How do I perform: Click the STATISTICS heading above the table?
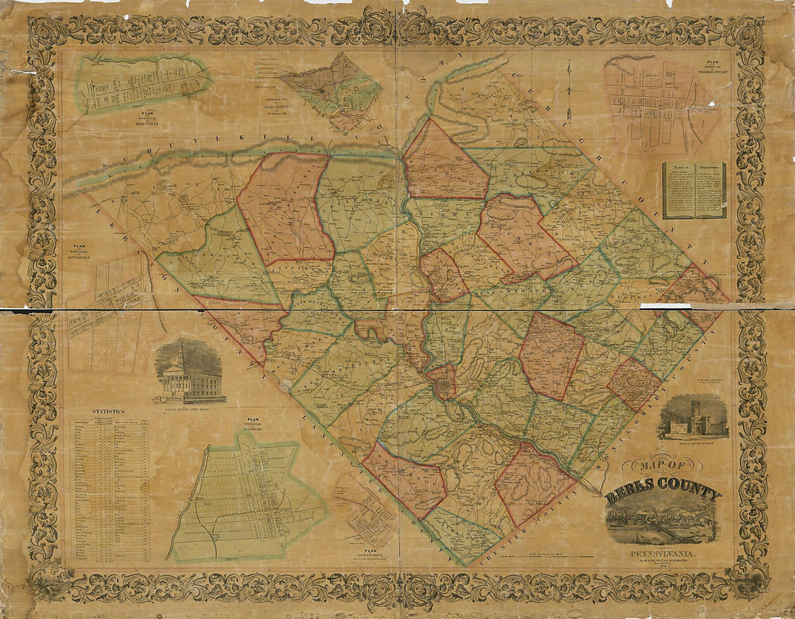tap(103, 411)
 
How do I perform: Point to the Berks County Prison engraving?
tap(692, 418)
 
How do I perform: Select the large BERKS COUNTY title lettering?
tap(663, 495)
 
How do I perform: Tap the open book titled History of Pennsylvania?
tap(694, 190)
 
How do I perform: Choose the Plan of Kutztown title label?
tap(75, 249)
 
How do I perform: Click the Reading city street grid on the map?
tap(441, 382)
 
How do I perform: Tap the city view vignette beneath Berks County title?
tap(661, 519)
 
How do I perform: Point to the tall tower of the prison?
tap(695, 411)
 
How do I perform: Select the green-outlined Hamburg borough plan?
tap(246, 499)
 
